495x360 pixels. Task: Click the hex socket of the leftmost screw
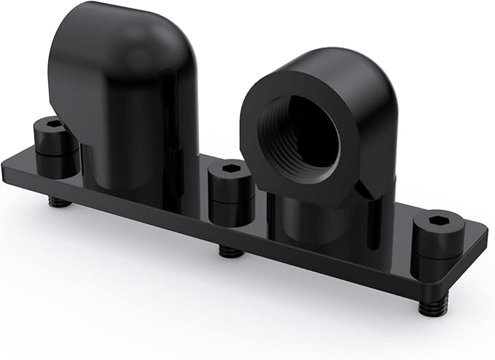[50, 123]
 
